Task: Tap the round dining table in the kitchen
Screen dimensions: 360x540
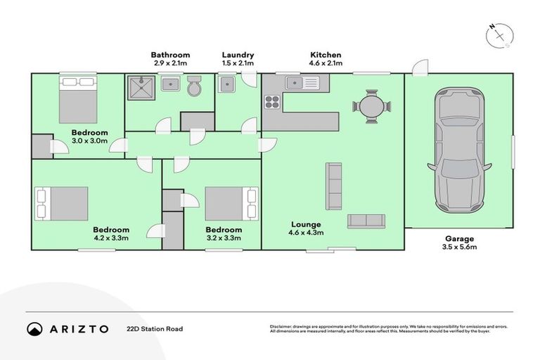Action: [x=371, y=107]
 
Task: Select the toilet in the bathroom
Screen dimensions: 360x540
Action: [x=195, y=87]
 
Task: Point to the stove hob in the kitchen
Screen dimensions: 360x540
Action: [x=272, y=102]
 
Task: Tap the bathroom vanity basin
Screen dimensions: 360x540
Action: [x=169, y=85]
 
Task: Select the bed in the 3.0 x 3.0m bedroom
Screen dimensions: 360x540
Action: [x=77, y=101]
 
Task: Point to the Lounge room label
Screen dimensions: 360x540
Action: [x=307, y=225]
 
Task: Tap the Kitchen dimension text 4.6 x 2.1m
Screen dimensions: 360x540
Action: [x=326, y=63]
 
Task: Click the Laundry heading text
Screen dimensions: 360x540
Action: [x=238, y=55]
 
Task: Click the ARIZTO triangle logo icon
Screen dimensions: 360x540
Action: [x=34, y=328]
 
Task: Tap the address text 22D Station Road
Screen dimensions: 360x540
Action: [x=154, y=328]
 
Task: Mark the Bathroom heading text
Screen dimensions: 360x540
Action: [x=170, y=55]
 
